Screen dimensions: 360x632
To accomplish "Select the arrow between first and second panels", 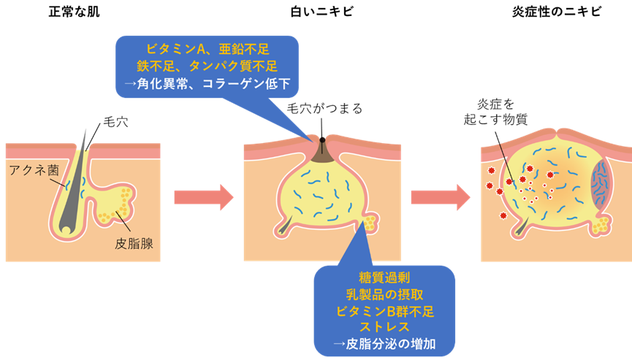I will pyautogui.click(x=203, y=196).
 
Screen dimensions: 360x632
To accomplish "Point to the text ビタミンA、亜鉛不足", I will pyautogui.click(x=208, y=50).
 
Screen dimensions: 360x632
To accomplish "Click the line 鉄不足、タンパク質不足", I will pyautogui.click(x=208, y=66).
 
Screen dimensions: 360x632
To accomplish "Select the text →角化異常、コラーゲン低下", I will pyautogui.click(x=208, y=83).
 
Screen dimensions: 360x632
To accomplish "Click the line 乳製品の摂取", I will pyautogui.click(x=384, y=295).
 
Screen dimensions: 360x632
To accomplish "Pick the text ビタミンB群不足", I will pyautogui.click(x=384, y=312).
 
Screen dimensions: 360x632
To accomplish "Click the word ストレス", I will pyautogui.click(x=384, y=328).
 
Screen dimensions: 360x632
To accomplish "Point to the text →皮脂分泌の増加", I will pyautogui.click(x=384, y=345).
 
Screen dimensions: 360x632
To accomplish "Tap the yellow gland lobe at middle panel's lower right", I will pyautogui.click(x=370, y=221).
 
